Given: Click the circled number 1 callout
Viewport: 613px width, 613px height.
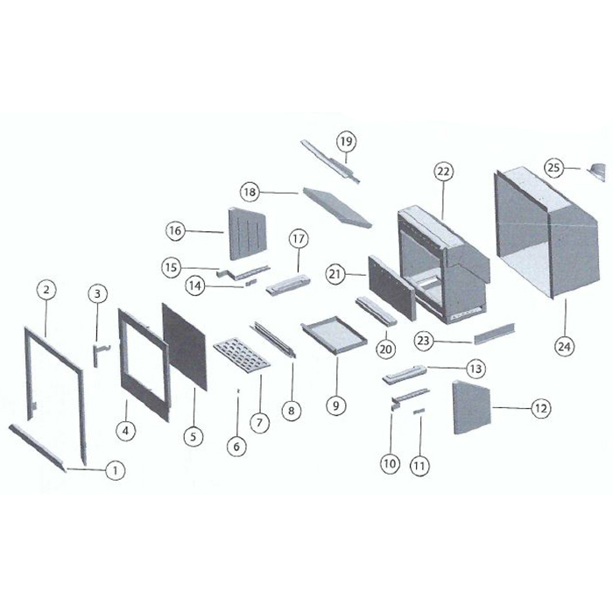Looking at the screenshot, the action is tap(116, 470).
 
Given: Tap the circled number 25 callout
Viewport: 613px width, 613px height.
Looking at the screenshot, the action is tap(554, 168).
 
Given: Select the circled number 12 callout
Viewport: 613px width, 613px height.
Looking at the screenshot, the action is tap(540, 409).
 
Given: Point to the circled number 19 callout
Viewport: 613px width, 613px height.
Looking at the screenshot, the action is tap(347, 141).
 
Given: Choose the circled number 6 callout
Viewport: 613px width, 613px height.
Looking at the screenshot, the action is tap(236, 446).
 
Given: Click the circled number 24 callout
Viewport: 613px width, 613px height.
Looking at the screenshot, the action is tap(564, 346).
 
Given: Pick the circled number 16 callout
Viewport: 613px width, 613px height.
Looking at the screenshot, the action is tap(175, 230).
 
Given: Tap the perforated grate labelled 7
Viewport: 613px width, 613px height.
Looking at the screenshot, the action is tap(242, 355).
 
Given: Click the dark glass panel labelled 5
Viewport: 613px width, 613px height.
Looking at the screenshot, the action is tap(184, 346).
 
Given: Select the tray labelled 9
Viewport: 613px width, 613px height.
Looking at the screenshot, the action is tap(334, 335).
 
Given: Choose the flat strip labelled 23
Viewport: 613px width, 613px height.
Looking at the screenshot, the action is tap(495, 334).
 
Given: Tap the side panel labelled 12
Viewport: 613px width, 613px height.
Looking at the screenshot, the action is tap(471, 407).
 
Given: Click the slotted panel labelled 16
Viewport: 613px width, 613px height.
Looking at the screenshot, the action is tap(247, 233).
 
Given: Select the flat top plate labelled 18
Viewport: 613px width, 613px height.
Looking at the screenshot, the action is tap(337, 208).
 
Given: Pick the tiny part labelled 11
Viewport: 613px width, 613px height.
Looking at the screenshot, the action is tap(419, 411).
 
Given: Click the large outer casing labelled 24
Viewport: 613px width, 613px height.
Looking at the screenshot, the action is tap(547, 234).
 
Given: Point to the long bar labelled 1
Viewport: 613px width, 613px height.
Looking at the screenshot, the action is tap(37, 447).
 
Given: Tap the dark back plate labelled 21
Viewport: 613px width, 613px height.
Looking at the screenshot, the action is tap(391, 287).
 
